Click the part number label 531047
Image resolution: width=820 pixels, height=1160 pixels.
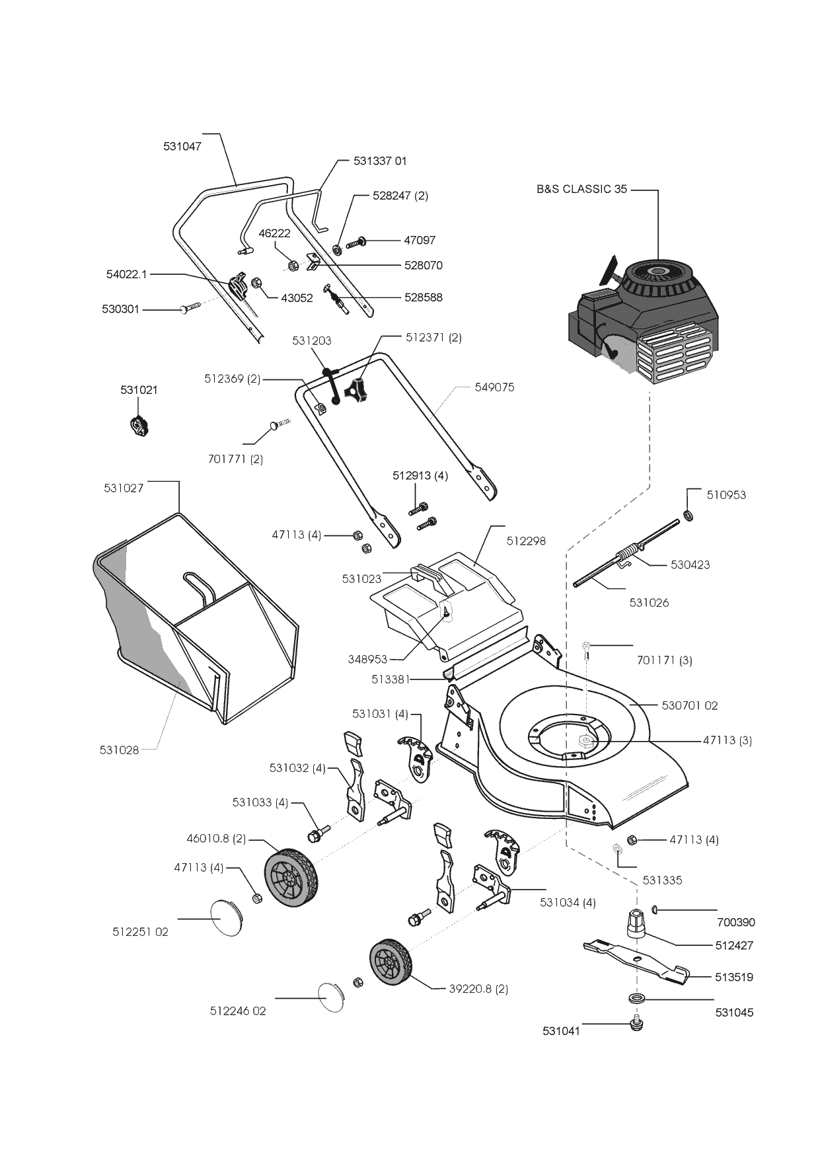click(x=182, y=147)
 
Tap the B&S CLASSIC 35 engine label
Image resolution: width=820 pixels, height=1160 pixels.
click(x=581, y=189)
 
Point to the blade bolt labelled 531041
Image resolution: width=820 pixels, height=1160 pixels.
click(x=637, y=1025)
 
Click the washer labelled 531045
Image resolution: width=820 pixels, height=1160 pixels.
click(x=637, y=998)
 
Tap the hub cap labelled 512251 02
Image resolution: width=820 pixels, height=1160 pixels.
click(x=224, y=917)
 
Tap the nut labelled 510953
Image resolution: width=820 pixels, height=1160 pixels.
click(x=687, y=515)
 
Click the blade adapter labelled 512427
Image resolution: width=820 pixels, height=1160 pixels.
click(x=636, y=922)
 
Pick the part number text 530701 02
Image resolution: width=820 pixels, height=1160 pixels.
click(x=689, y=705)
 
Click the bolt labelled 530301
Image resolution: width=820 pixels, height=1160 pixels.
click(x=190, y=308)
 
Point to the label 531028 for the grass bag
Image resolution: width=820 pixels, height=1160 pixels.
click(x=119, y=750)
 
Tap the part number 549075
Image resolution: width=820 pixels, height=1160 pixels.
click(x=494, y=387)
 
